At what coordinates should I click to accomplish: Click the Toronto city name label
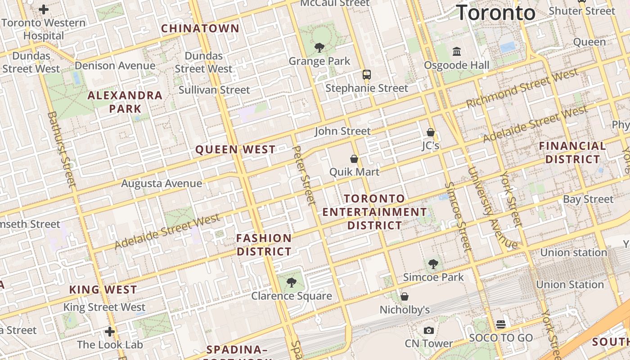(496, 13)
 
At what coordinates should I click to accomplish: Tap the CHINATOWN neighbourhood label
(200, 28)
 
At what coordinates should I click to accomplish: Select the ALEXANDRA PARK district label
(125, 102)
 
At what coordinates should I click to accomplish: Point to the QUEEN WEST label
(235, 149)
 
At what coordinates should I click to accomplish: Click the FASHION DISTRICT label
(264, 245)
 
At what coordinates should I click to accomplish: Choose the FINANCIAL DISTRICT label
(572, 153)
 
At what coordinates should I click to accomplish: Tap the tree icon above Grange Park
(319, 47)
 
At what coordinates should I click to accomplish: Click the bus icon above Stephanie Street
(367, 75)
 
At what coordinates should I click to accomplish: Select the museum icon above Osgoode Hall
(457, 52)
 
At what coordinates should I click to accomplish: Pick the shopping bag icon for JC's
(431, 132)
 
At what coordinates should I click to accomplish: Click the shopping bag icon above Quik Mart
(354, 158)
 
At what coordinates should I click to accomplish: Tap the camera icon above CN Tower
(429, 330)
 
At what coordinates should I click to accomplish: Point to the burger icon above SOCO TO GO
(501, 324)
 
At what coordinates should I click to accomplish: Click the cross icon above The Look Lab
(109, 332)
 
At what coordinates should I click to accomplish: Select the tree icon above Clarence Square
(292, 283)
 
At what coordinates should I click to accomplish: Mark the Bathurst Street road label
(62, 149)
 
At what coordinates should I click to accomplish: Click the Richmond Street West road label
(522, 88)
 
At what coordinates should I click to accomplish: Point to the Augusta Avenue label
(162, 184)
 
